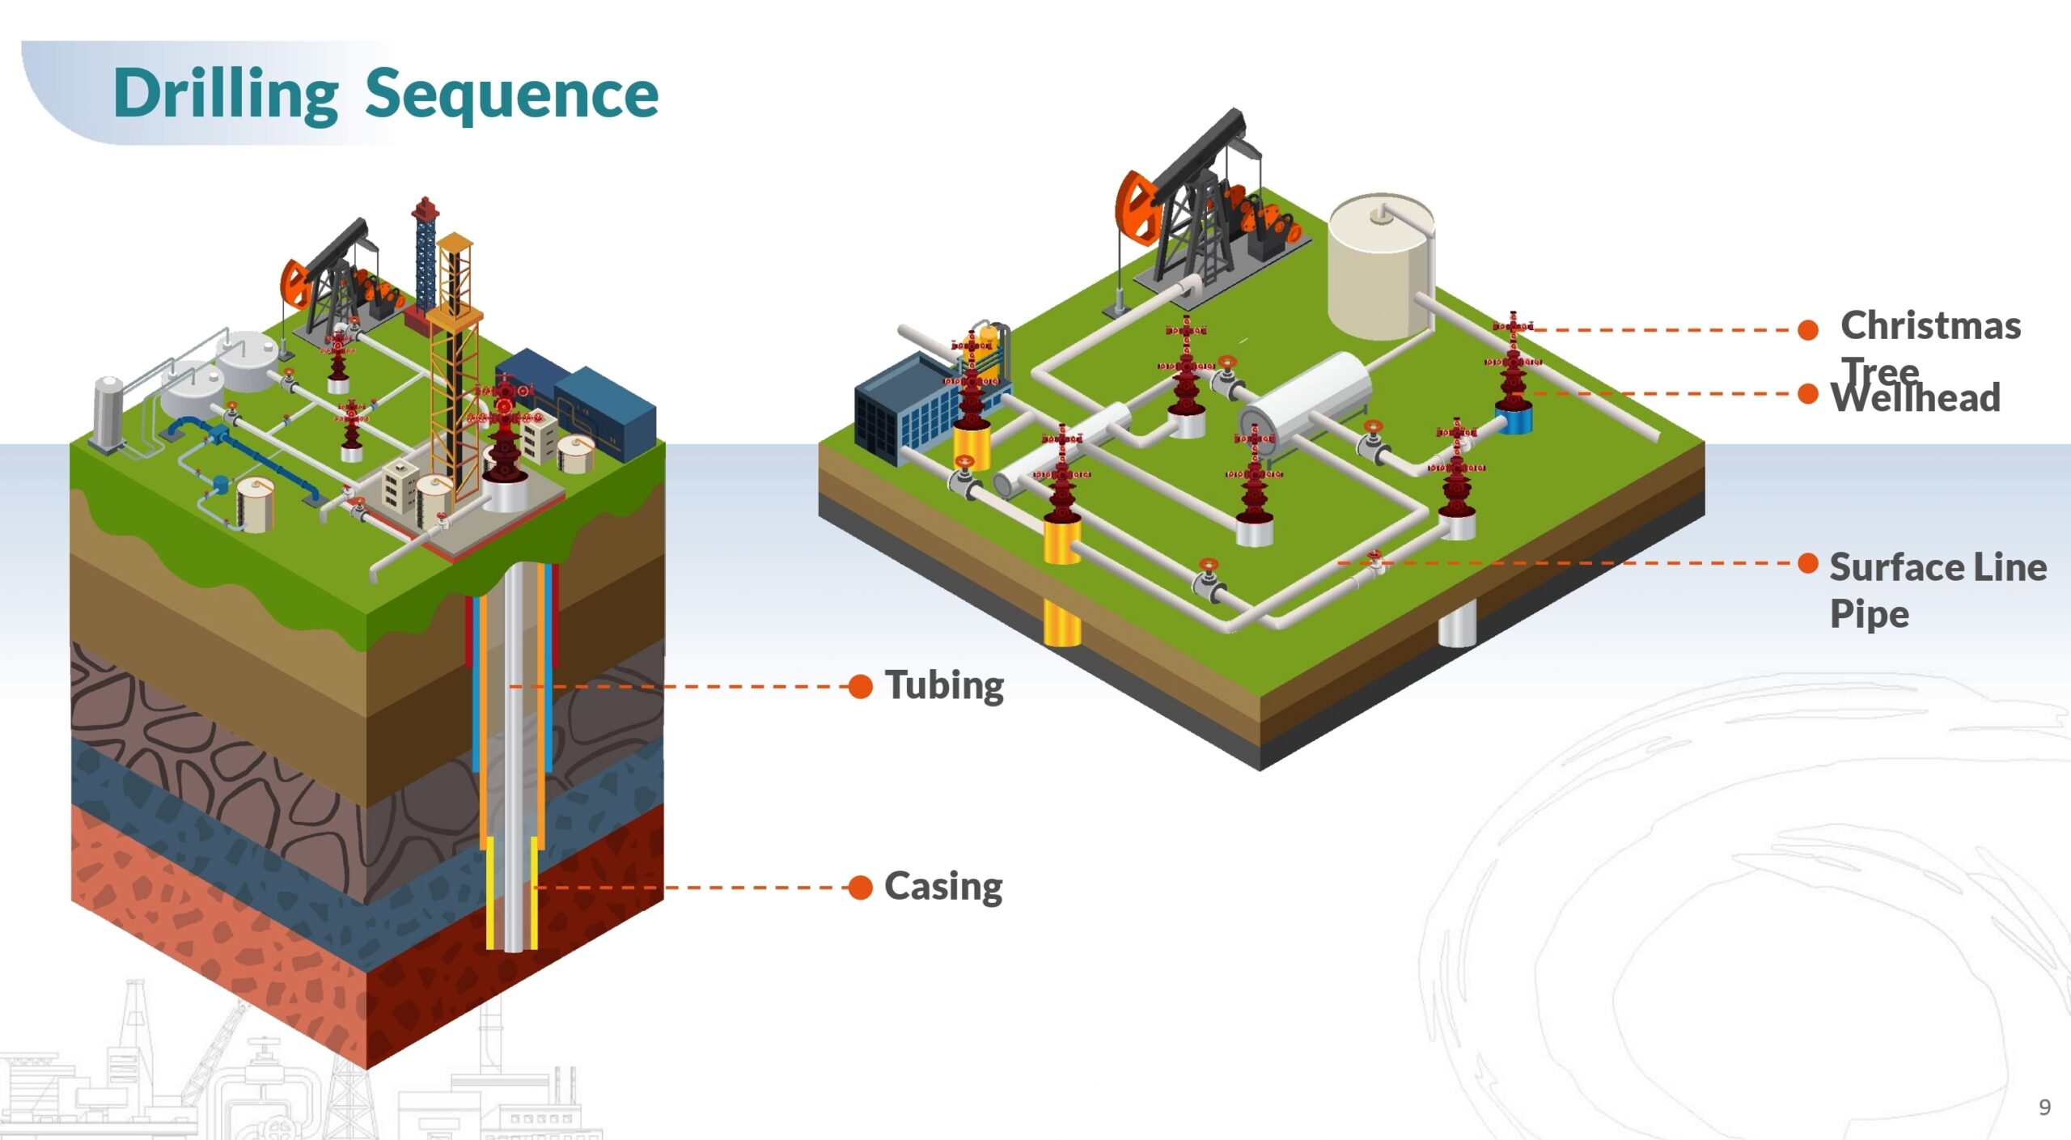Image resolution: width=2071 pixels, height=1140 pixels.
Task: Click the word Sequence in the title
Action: pos(511,95)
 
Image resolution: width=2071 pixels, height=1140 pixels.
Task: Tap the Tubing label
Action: pos(944,685)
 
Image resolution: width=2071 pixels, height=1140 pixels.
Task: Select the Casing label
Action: pos(943,887)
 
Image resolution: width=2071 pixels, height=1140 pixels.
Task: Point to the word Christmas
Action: pos(1930,326)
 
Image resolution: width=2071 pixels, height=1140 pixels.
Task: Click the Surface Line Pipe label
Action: pos(1937,590)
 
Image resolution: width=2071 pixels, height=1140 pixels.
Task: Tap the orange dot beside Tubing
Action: pos(861,687)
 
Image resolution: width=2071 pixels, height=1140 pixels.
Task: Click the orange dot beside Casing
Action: pos(861,888)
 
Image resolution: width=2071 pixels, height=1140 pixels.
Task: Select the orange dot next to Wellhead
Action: pos(1808,394)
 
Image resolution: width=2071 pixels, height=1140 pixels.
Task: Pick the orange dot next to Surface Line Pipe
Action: pos(1808,563)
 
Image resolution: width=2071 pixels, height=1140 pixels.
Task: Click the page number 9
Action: pos(2044,1107)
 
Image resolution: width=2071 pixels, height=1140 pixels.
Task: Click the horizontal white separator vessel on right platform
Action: pos(1307,396)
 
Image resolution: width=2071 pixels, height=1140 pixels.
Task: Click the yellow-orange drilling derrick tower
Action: pos(455,364)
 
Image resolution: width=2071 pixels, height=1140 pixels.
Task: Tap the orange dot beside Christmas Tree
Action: pos(1808,329)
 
